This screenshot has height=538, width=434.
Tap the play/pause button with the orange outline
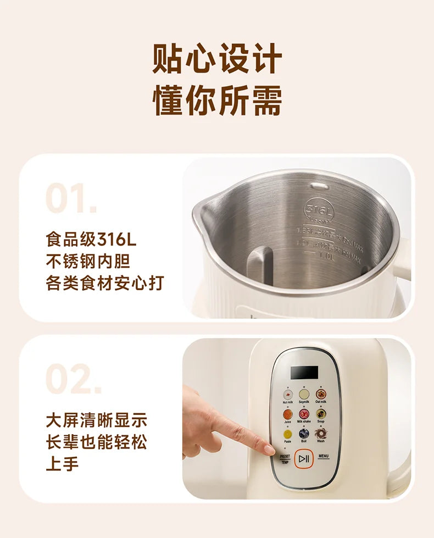tap(304, 458)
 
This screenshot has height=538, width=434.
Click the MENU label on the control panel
tap(323, 456)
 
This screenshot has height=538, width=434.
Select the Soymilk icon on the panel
tap(304, 394)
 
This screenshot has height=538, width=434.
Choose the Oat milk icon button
tap(321, 394)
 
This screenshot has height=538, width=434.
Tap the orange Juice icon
tap(287, 413)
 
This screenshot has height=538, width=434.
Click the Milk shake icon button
tap(304, 413)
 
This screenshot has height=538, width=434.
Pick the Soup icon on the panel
tap(321, 413)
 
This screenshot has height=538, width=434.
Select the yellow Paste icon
tap(287, 434)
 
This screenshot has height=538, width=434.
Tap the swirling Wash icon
tap(321, 434)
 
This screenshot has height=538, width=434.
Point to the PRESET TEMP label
tap(285, 459)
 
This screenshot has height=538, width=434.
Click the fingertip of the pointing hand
tap(270, 450)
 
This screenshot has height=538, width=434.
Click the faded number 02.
tap(73, 379)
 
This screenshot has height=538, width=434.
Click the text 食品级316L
tap(91, 240)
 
